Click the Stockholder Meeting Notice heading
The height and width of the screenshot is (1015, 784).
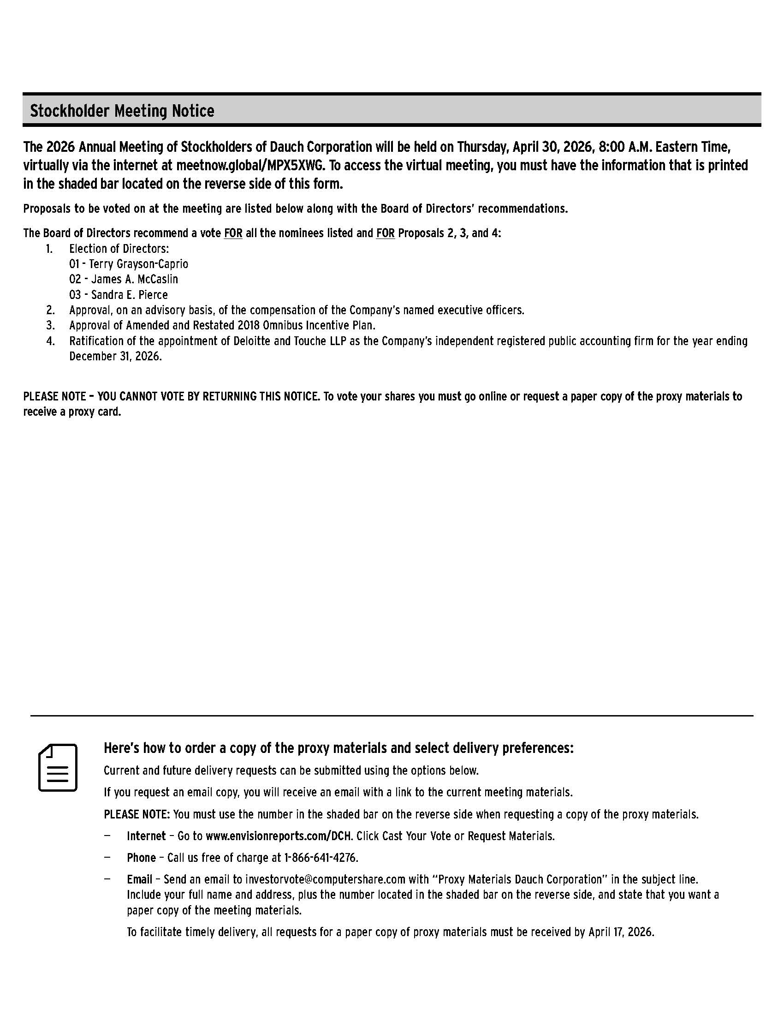click(x=122, y=111)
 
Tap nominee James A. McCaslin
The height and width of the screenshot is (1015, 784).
click(x=135, y=279)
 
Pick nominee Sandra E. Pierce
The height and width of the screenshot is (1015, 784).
click(x=130, y=295)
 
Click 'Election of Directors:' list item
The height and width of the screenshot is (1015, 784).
click(x=119, y=249)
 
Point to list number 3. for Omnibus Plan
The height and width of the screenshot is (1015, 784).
click(x=50, y=325)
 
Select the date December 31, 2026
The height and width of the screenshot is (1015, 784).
click(x=115, y=357)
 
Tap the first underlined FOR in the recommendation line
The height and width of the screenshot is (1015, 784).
click(x=233, y=233)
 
